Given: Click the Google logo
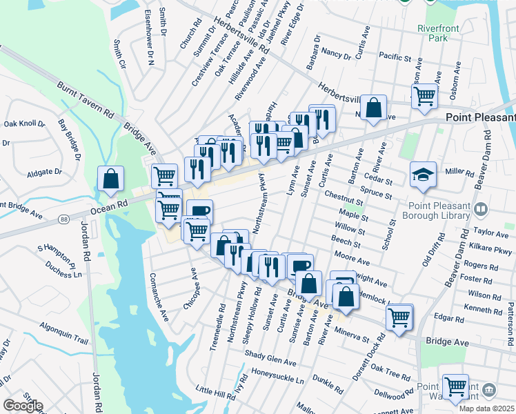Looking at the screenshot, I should [22, 406].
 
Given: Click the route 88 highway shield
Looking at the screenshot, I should [63, 219].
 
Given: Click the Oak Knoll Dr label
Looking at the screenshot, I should [24, 124].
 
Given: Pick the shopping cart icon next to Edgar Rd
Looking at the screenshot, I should [399, 317].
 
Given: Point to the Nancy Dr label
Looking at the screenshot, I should [337, 52].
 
